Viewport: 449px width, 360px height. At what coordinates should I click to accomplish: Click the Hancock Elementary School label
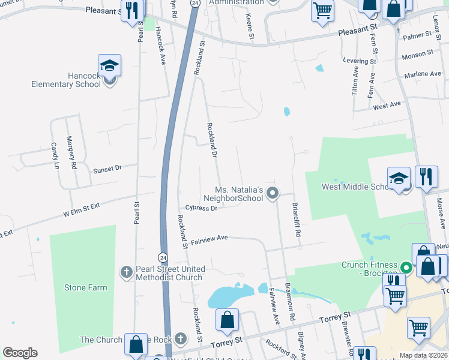tap(66, 80)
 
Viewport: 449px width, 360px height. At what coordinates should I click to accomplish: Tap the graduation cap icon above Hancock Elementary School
tap(110, 65)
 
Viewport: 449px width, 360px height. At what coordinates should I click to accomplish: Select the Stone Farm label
tap(86, 287)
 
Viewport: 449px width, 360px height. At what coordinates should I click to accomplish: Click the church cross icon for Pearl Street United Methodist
tap(126, 272)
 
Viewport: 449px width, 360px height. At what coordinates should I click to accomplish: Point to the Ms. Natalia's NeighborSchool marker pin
tap(273, 193)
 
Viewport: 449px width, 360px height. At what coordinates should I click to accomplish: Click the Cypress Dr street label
tap(201, 208)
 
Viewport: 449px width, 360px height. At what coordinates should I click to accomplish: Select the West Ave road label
tap(387, 106)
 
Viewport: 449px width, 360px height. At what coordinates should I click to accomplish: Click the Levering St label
tap(359, 61)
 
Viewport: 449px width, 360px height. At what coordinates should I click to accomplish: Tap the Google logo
tap(20, 353)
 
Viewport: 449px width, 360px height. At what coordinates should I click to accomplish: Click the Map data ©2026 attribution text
tap(423, 355)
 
